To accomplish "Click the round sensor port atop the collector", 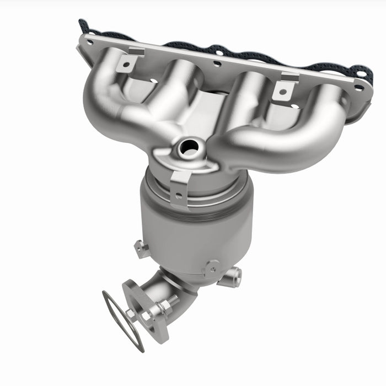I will (188, 146).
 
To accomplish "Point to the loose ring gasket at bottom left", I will (121, 320).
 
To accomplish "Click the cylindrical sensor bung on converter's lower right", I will (232, 276).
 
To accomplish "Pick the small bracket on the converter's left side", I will (141, 249).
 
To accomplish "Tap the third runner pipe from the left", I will (248, 99).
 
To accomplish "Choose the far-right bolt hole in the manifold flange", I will (359, 87).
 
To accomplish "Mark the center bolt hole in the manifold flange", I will (217, 63).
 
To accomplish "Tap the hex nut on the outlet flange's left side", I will (131, 314).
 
